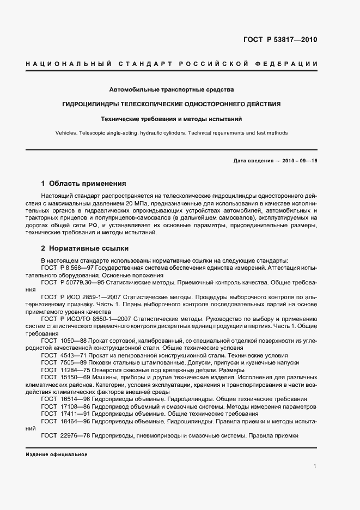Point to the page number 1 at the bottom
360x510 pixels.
pyautogui.click(x=315, y=466)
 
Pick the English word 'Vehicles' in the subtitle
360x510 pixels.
pyautogui.click(x=66, y=133)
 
